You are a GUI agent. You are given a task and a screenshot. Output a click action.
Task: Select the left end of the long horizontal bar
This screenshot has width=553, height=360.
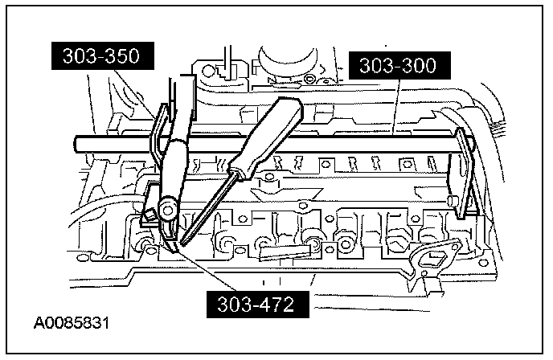(76, 144)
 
